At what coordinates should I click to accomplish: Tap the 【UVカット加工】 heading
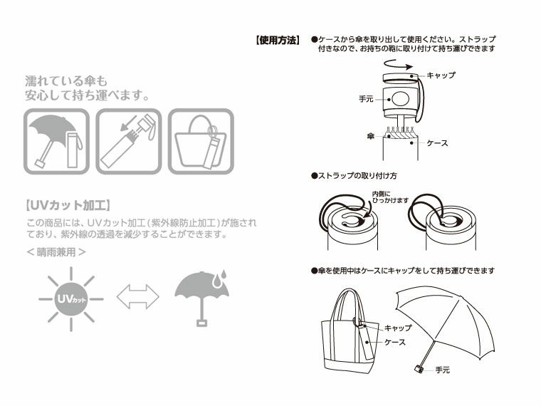pos(67,206)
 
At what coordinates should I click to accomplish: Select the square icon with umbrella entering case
pos(128,141)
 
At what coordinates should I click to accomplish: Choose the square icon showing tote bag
pos(201,141)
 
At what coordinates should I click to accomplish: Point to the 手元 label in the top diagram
pos(366,100)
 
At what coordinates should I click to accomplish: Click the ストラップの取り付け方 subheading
pos(354,175)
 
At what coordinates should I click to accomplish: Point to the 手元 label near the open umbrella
pos(442,370)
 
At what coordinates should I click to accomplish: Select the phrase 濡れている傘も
pos(65,79)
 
